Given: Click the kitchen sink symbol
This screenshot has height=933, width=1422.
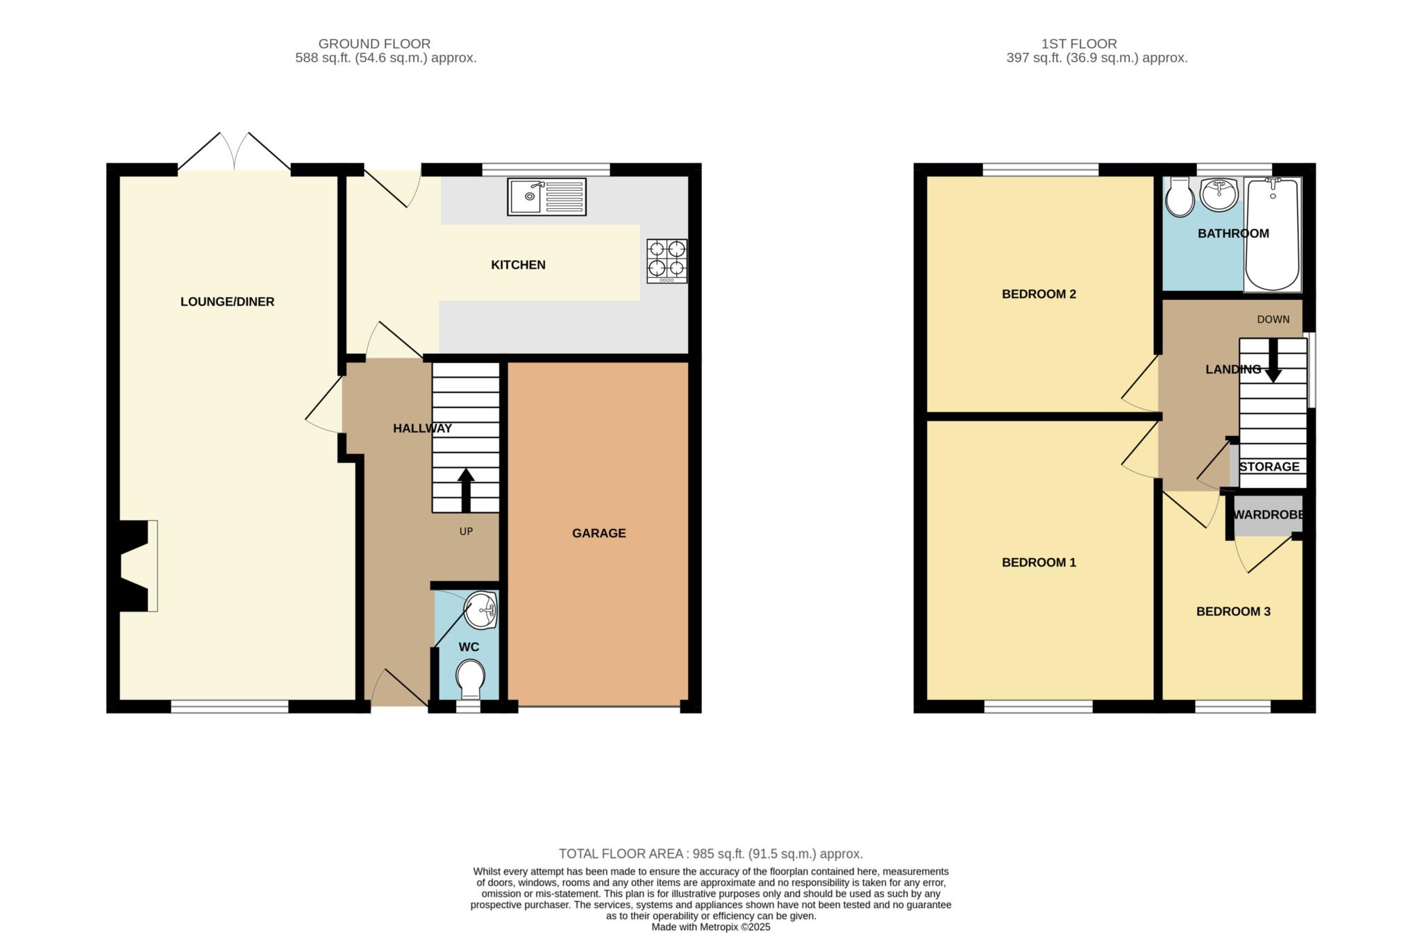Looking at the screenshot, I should click(546, 196).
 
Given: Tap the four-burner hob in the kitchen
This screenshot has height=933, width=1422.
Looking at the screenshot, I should click(667, 260).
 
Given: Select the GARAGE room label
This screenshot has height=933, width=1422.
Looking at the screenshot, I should click(599, 533).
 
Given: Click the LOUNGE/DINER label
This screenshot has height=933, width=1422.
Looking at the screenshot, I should click(227, 301).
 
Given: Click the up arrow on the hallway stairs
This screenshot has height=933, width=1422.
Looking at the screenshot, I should click(465, 489).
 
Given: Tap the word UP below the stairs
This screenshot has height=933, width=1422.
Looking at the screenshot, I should click(466, 531).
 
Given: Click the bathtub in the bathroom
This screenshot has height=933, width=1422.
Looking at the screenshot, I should click(1273, 234).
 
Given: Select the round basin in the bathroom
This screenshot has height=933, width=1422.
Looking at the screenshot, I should click(1219, 194).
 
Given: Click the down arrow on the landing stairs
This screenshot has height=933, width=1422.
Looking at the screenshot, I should click(1273, 360).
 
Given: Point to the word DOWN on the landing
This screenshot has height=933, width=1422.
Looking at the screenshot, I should click(1273, 319).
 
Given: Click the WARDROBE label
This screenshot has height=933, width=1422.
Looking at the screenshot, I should click(1268, 515).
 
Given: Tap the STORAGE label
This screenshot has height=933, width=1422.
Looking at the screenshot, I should click(1269, 466).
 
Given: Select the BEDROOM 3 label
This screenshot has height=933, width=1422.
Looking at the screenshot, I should click(1233, 612).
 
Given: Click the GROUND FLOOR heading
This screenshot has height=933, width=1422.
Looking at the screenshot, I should click(374, 44).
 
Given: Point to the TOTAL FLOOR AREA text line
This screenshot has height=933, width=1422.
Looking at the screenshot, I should click(710, 854).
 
